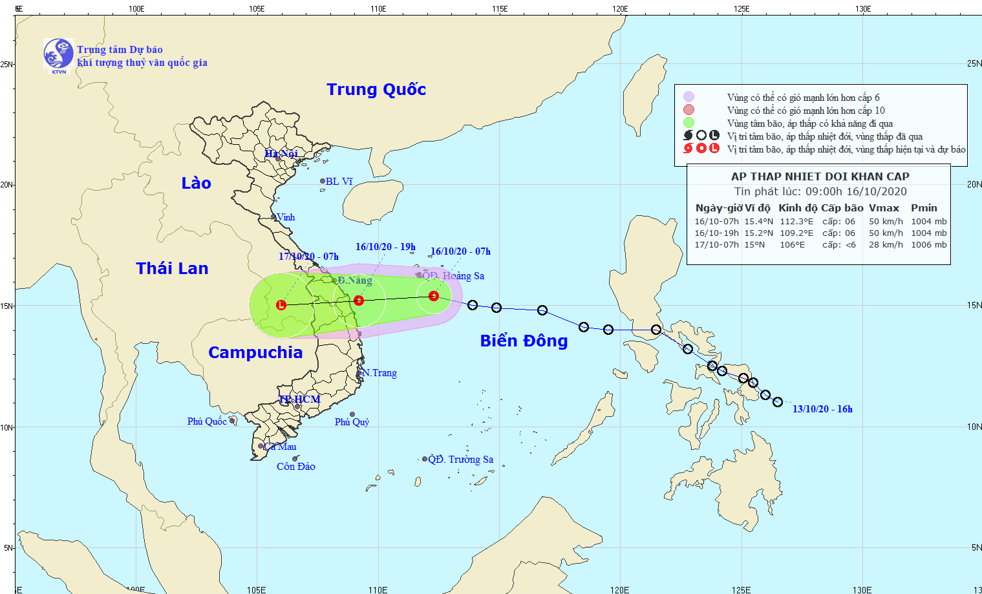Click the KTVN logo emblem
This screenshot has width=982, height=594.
(x=58, y=54)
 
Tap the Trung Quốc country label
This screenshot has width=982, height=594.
(x=376, y=89)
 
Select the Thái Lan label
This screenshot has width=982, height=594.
(x=172, y=268)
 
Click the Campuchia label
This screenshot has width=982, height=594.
(x=255, y=352)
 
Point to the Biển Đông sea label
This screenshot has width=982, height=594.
(x=524, y=341)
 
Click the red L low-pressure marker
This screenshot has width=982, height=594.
(x=281, y=304)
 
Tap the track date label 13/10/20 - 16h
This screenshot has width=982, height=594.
(x=822, y=409)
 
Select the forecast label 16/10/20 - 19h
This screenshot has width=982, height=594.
(x=385, y=247)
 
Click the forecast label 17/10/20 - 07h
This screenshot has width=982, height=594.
(x=308, y=257)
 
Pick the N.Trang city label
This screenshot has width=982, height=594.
(x=379, y=373)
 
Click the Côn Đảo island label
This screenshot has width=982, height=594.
(x=296, y=467)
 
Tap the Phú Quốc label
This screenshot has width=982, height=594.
(x=207, y=421)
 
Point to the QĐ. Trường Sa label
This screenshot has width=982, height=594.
(x=461, y=460)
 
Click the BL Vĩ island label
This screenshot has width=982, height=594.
(x=339, y=182)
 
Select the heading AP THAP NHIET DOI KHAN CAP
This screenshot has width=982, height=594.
(x=820, y=176)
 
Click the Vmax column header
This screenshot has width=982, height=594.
(x=884, y=208)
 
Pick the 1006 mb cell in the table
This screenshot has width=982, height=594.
(x=928, y=245)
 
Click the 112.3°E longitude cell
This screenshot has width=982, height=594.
(x=796, y=222)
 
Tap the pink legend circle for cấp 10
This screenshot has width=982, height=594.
(x=688, y=110)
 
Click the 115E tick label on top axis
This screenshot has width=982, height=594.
(x=499, y=9)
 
